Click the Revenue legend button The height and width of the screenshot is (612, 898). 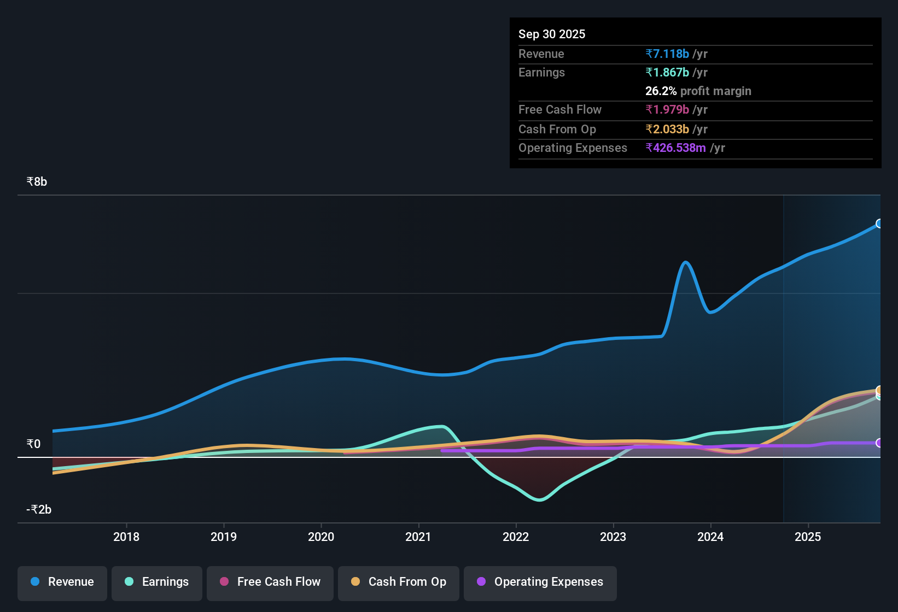[62, 582]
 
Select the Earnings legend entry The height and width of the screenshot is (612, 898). [157, 582]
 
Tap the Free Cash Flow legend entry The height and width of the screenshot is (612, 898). [270, 582]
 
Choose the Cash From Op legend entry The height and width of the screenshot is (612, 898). [399, 582]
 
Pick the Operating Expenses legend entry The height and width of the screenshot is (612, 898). [540, 582]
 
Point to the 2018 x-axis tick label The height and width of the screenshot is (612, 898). [126, 537]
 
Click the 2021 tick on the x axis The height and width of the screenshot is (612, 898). [418, 537]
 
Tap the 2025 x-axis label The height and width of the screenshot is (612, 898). [808, 537]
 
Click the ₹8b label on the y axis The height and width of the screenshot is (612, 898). [37, 182]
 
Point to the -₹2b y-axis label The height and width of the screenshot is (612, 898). [39, 510]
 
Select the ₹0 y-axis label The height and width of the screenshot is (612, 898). [33, 444]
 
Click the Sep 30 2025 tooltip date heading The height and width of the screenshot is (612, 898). [552, 34]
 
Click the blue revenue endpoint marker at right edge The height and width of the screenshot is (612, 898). [879, 223]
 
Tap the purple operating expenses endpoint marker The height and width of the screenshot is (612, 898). [879, 443]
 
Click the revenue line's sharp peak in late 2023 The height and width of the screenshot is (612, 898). [685, 262]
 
